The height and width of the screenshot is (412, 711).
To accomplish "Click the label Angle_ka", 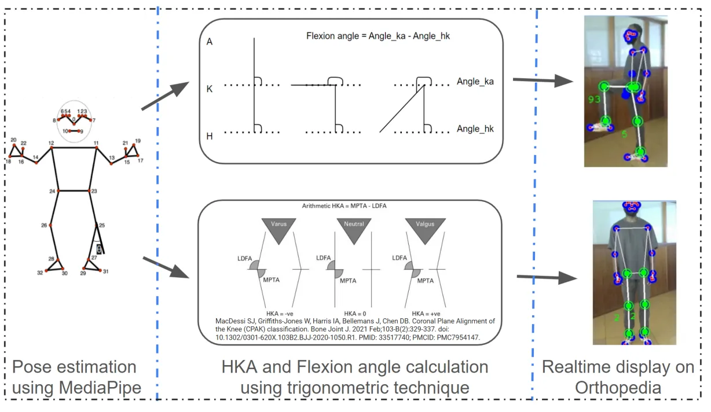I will pyautogui.click(x=475, y=82).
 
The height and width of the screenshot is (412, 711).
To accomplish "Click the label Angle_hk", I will pyautogui.click(x=475, y=128).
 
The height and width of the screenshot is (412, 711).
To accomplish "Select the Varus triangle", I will pyautogui.click(x=278, y=229).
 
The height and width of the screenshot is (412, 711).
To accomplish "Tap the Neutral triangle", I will pyautogui.click(x=353, y=229).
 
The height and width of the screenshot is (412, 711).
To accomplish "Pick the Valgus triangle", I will pyautogui.click(x=424, y=229).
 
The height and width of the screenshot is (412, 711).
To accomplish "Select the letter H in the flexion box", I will pyautogui.click(x=210, y=136).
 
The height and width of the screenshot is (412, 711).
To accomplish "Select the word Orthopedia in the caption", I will pyautogui.click(x=618, y=387).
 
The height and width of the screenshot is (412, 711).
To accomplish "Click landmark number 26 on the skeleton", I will pyautogui.click(x=43, y=225).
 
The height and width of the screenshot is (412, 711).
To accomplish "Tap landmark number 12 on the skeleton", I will pyautogui.click(x=51, y=142).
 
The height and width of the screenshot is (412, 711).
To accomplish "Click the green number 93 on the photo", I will pyautogui.click(x=594, y=100).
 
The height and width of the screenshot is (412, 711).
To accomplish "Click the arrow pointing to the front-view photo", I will pyautogui.click(x=547, y=278).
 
